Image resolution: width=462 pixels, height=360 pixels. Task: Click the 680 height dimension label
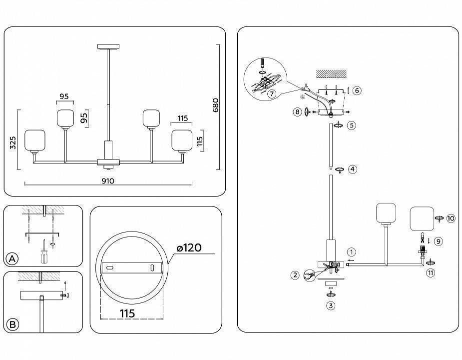tap(216, 105)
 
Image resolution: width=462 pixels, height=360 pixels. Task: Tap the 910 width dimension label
tap(108, 181)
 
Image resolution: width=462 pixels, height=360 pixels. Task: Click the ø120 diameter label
tap(189, 248)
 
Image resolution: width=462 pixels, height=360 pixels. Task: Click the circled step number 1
tap(352, 252)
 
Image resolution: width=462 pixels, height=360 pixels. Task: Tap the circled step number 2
tap(295, 274)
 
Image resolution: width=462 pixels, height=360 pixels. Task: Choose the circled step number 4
tap(353, 169)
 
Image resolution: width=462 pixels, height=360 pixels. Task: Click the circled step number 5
tap(352, 125)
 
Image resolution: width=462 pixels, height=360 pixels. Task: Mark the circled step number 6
tap(356, 90)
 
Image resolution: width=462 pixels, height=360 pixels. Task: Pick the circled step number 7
tap(271, 93)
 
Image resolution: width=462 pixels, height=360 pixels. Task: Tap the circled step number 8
tap(298, 112)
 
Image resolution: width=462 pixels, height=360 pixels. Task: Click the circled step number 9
tap(438, 241)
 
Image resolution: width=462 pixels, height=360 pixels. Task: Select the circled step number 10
tap(451, 218)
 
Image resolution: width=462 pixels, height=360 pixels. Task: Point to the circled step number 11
tap(430, 272)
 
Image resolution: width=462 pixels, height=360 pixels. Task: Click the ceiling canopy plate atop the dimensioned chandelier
tap(108, 47)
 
